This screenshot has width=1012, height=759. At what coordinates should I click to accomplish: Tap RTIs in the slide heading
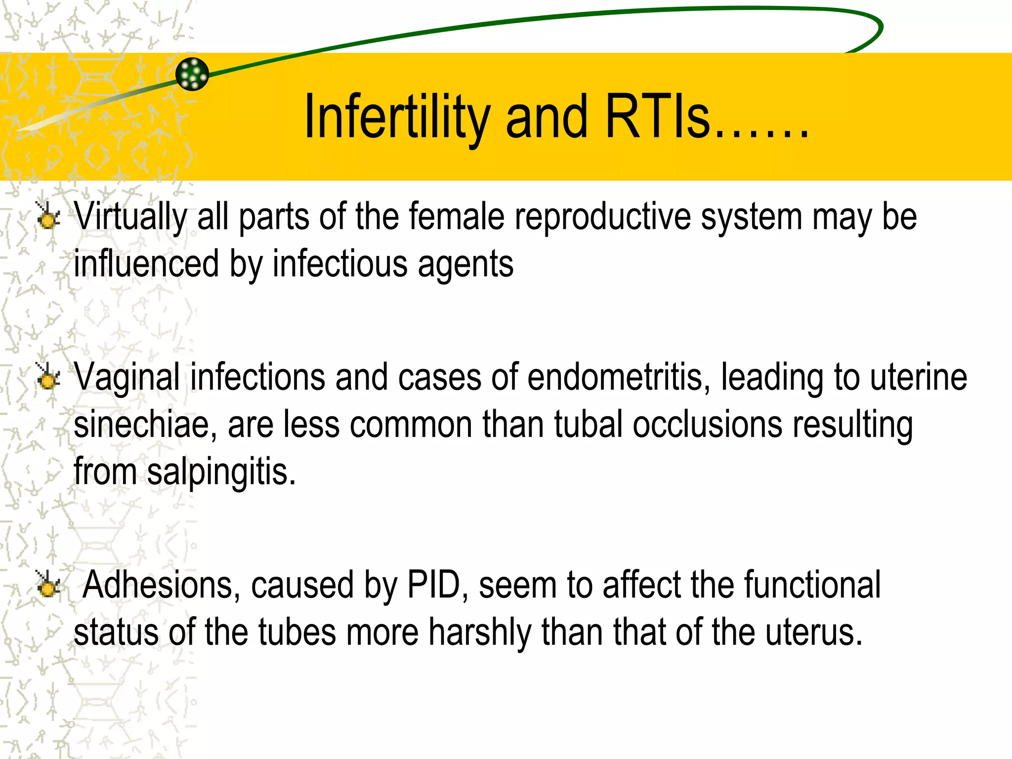tap(657, 118)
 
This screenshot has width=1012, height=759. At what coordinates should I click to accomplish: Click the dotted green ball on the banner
tap(192, 74)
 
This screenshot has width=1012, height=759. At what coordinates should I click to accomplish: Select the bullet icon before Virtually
tap(48, 217)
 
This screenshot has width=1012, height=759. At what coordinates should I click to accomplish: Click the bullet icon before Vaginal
tap(48, 378)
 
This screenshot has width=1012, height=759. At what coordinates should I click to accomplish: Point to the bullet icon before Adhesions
tap(48, 585)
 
